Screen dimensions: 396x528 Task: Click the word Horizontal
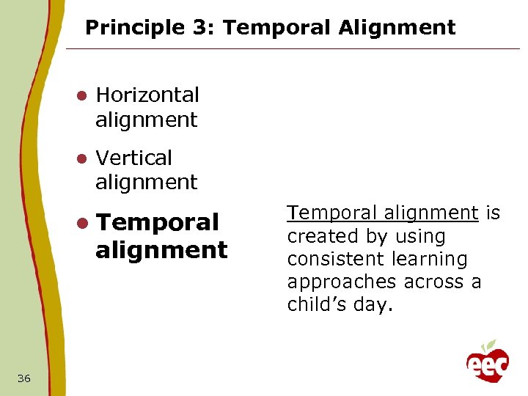pos(147,95)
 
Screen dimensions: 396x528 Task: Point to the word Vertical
pos(133,158)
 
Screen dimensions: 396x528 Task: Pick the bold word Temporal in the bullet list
pos(157,221)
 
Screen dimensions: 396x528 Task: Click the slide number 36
pos(24,378)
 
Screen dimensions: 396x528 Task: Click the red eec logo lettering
pos(487,365)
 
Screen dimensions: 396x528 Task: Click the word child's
pos(316,304)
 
